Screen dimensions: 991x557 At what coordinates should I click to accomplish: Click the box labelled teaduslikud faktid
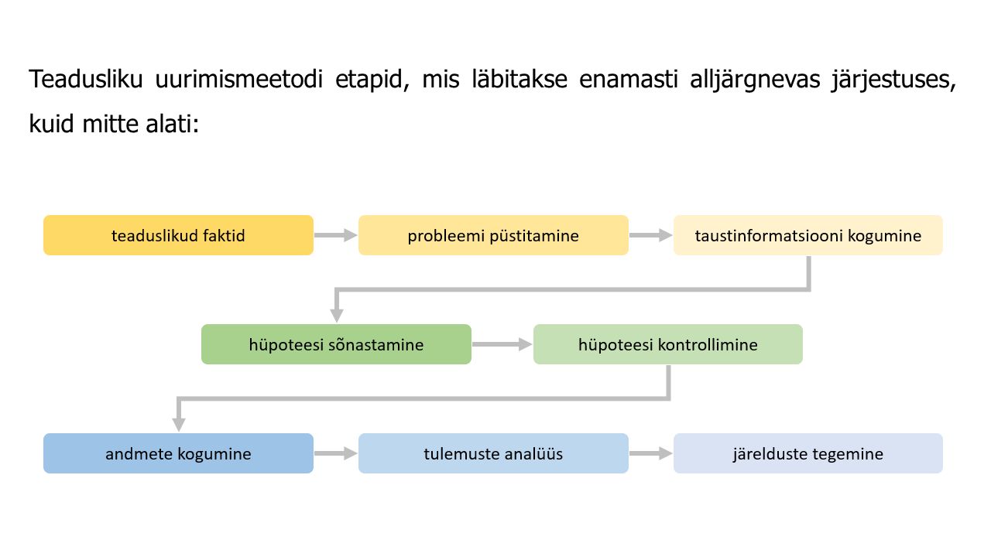click(x=178, y=235)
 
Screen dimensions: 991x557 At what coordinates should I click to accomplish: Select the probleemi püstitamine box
click(x=493, y=235)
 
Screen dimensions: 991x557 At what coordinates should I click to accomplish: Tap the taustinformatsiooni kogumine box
click(x=808, y=235)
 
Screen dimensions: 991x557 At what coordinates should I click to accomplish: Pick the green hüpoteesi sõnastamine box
click(x=336, y=344)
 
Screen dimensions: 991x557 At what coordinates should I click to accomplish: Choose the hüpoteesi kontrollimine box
click(x=668, y=344)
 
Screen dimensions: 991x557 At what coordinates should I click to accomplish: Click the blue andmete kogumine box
click(x=178, y=453)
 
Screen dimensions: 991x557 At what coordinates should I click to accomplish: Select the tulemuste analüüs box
click(x=493, y=453)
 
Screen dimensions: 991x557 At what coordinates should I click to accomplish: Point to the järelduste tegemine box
click(x=808, y=453)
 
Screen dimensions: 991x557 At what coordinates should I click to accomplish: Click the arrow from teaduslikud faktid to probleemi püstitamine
click(x=336, y=235)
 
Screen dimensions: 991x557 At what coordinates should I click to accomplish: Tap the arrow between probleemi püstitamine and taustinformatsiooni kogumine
click(x=651, y=235)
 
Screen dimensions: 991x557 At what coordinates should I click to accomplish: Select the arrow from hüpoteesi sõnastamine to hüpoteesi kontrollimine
click(x=502, y=344)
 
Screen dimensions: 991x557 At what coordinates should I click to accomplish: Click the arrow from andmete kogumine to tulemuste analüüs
click(x=336, y=453)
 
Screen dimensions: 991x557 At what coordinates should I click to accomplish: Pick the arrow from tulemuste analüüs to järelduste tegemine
click(x=651, y=453)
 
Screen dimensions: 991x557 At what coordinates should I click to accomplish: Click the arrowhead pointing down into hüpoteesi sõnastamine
click(x=337, y=316)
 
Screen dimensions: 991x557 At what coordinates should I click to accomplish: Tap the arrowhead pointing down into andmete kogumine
click(x=179, y=425)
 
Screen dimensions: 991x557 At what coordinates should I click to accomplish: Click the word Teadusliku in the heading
click(x=86, y=80)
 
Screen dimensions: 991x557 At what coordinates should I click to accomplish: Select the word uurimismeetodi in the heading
click(x=239, y=80)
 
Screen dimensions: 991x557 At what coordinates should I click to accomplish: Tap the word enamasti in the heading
click(x=628, y=80)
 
